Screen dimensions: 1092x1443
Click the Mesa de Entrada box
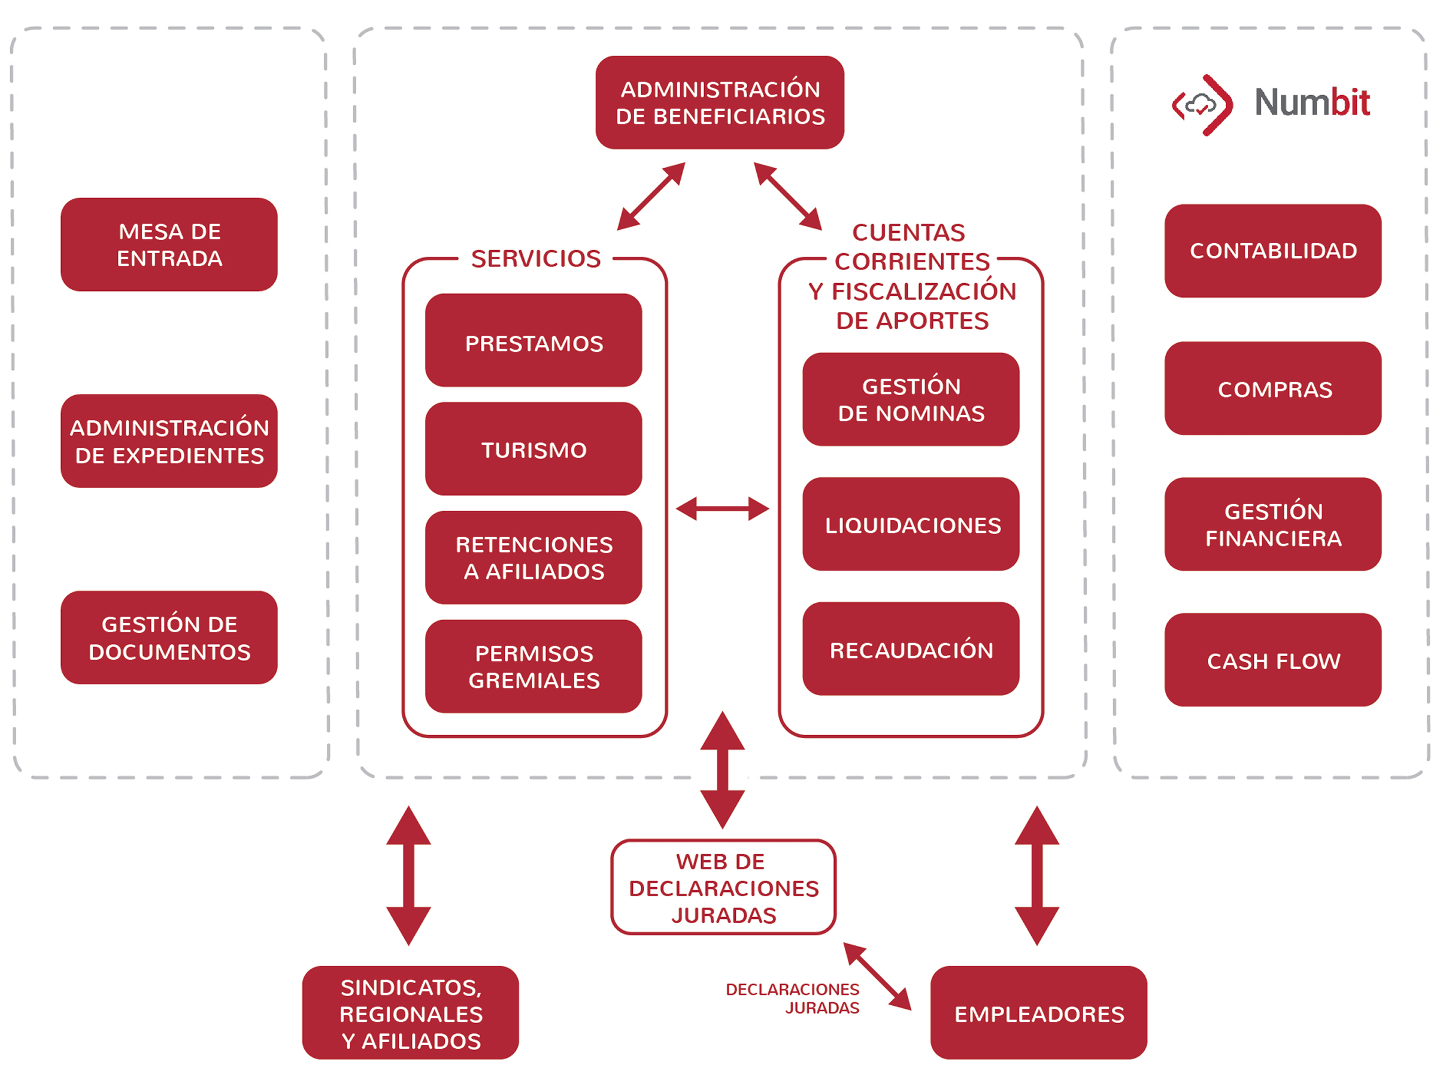(169, 245)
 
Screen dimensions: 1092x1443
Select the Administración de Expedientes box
(169, 441)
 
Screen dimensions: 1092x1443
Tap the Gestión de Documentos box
(169, 638)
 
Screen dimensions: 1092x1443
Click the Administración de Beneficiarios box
(720, 102)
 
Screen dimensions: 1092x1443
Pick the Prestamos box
(533, 341)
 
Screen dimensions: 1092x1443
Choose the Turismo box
(533, 449)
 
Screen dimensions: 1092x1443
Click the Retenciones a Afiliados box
(533, 558)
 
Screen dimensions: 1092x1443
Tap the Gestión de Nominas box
(911, 399)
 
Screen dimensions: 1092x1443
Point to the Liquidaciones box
(911, 524)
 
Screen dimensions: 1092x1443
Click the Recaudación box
(911, 649)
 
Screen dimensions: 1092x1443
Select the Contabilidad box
(1273, 251)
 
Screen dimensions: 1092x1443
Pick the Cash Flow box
(1273, 660)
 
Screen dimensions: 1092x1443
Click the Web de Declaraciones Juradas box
(723, 887)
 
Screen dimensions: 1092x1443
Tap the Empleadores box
(1039, 1013)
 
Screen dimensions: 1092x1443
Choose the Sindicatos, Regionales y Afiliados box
(410, 1013)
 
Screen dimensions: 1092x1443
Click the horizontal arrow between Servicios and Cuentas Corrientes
(723, 509)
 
